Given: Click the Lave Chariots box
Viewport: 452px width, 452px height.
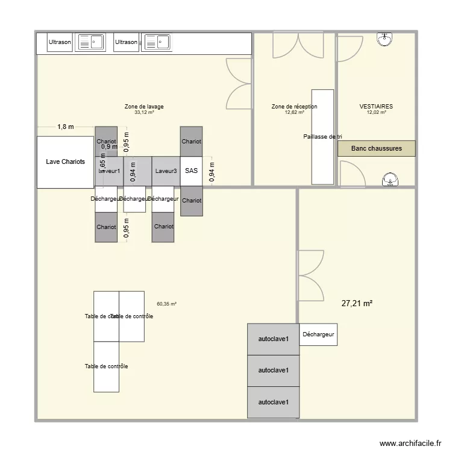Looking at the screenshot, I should point(66,162).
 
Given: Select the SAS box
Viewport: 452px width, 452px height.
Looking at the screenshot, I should point(191,171).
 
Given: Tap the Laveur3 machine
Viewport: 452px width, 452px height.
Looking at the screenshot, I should point(166,171).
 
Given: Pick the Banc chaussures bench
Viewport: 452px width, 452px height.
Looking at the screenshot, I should point(376,148).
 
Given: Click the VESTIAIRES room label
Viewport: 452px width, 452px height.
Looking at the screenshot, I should point(376,107).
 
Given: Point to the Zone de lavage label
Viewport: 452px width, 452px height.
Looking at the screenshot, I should point(144,107).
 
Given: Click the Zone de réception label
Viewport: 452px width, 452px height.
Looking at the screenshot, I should point(294,107).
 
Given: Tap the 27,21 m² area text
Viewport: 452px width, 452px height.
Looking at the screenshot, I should point(357,304).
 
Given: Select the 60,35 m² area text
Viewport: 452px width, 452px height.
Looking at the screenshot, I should point(166,304).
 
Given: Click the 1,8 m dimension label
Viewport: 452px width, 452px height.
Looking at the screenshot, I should point(66,127).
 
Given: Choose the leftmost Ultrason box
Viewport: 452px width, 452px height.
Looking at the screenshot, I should point(60,42).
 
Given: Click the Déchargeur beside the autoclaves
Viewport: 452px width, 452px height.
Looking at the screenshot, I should point(318,334).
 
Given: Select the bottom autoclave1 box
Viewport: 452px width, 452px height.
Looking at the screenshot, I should point(273,402).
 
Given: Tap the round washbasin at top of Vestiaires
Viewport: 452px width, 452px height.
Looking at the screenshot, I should point(385,39).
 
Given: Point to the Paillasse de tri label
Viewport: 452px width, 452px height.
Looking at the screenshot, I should point(322,137).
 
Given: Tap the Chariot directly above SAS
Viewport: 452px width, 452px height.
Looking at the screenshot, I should point(191,142).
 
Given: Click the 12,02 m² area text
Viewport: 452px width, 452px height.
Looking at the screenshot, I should point(376,112).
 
